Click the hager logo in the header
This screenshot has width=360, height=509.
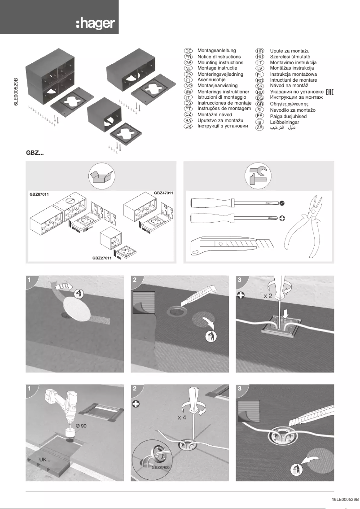(95, 23)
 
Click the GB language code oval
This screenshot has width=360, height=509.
(189, 63)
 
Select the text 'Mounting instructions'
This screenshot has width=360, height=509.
(220, 63)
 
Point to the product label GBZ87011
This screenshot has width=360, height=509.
(39, 194)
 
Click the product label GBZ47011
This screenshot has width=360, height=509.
(163, 193)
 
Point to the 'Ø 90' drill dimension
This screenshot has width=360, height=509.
(81, 425)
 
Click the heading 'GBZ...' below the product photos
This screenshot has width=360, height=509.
(35, 153)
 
